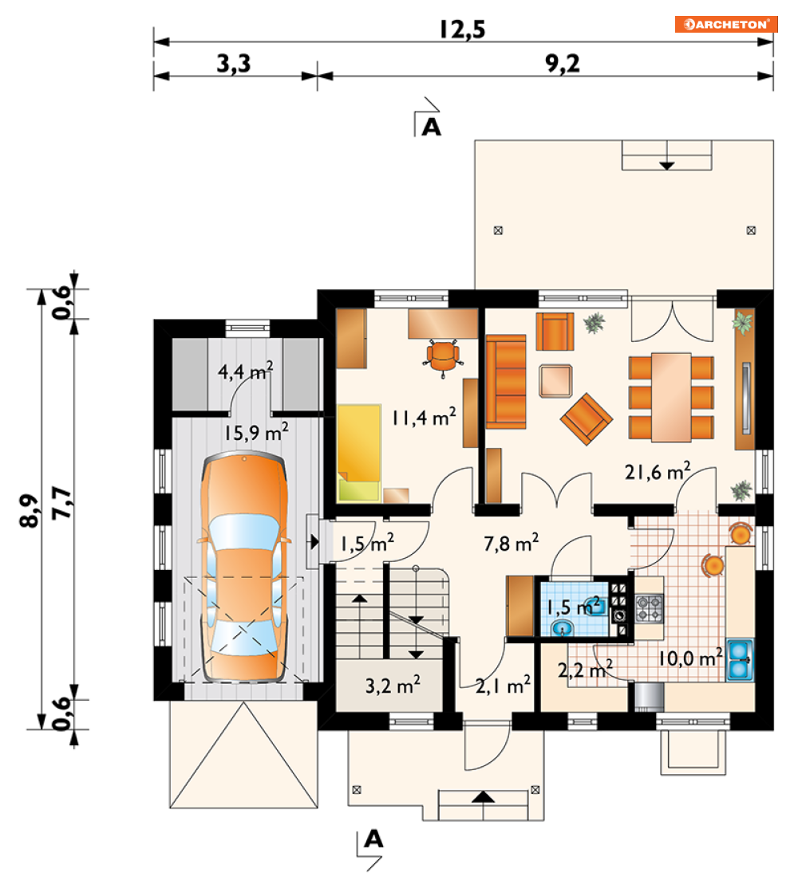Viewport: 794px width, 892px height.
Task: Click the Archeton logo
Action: tap(726, 25)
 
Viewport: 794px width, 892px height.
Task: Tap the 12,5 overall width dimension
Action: tap(462, 29)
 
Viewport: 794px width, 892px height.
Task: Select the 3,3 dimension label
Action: tap(234, 64)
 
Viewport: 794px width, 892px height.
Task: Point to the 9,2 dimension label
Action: tap(563, 64)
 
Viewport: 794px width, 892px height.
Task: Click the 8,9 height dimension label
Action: tap(30, 510)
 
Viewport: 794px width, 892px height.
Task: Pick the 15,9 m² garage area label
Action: tap(255, 432)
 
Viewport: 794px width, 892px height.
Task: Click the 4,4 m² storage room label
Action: tap(246, 371)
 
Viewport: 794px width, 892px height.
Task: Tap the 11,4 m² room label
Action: tap(424, 417)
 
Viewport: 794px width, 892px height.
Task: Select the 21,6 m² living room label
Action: tap(658, 472)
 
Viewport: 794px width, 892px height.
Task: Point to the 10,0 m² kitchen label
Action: tap(691, 658)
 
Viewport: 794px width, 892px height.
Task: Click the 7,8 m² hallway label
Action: tap(511, 544)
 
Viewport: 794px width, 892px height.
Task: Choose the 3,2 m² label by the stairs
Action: tap(393, 685)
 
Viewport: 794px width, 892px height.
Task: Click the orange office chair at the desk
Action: tap(443, 356)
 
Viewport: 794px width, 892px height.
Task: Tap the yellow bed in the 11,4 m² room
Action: tap(359, 453)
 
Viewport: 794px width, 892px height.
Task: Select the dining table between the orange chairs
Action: tap(672, 397)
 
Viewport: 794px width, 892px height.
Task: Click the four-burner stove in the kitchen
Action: tap(650, 607)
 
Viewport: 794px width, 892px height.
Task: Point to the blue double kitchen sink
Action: tap(740, 660)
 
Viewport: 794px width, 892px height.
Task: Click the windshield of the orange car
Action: tap(244, 532)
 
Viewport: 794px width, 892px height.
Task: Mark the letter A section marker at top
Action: tap(431, 126)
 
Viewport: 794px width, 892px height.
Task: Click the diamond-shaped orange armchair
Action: tap(587, 418)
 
